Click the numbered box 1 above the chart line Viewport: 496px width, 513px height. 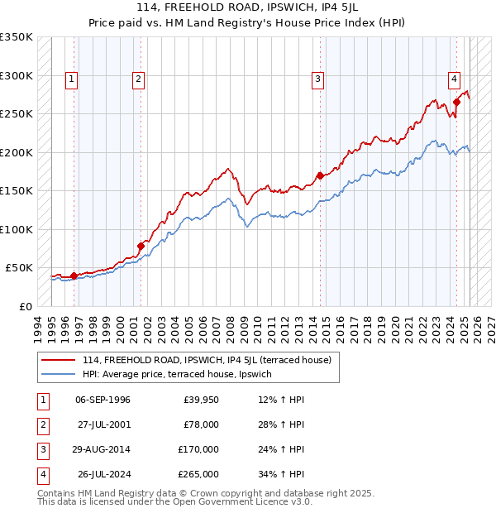[73, 79]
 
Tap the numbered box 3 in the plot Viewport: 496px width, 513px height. [317, 79]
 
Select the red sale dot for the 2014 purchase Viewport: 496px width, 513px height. [320, 175]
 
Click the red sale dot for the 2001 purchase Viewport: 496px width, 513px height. [141, 246]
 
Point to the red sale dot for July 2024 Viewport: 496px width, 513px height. [456, 103]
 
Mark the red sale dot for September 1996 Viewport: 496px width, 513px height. [74, 276]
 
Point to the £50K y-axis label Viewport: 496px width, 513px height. [19, 268]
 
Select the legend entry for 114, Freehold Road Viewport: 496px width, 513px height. [207, 360]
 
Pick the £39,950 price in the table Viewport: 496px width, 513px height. [201, 400]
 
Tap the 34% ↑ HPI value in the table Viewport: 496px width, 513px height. [280, 474]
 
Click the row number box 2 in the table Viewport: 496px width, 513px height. [41, 424]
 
